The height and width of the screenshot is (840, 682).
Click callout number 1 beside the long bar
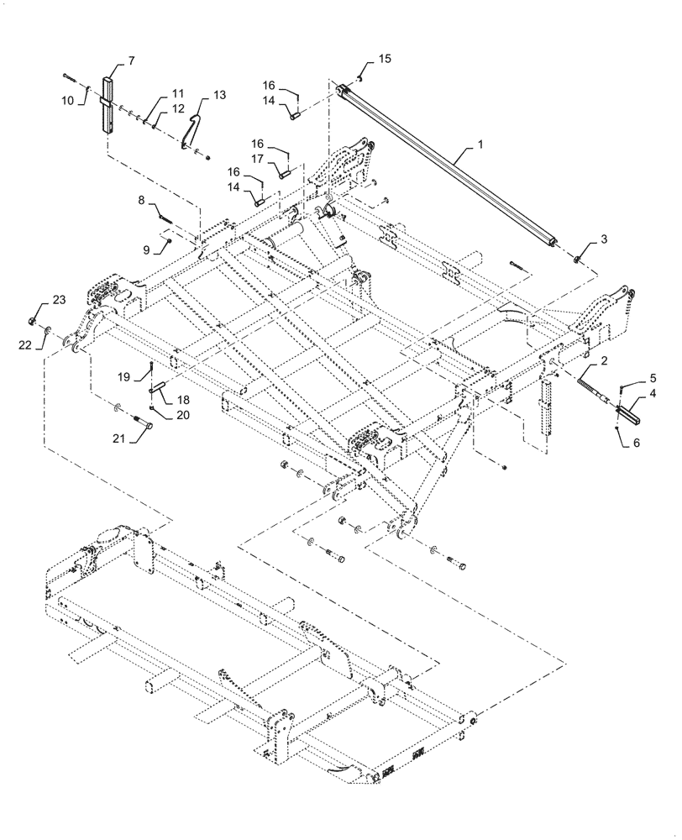(x=480, y=144)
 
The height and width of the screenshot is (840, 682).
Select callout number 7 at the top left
(x=131, y=61)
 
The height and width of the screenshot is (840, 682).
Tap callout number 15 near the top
(x=384, y=58)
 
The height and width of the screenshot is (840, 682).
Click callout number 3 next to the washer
(x=604, y=240)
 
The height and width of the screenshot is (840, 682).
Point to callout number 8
(x=142, y=200)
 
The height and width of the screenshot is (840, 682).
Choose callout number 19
(x=123, y=377)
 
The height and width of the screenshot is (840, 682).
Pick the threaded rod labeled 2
(x=587, y=391)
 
